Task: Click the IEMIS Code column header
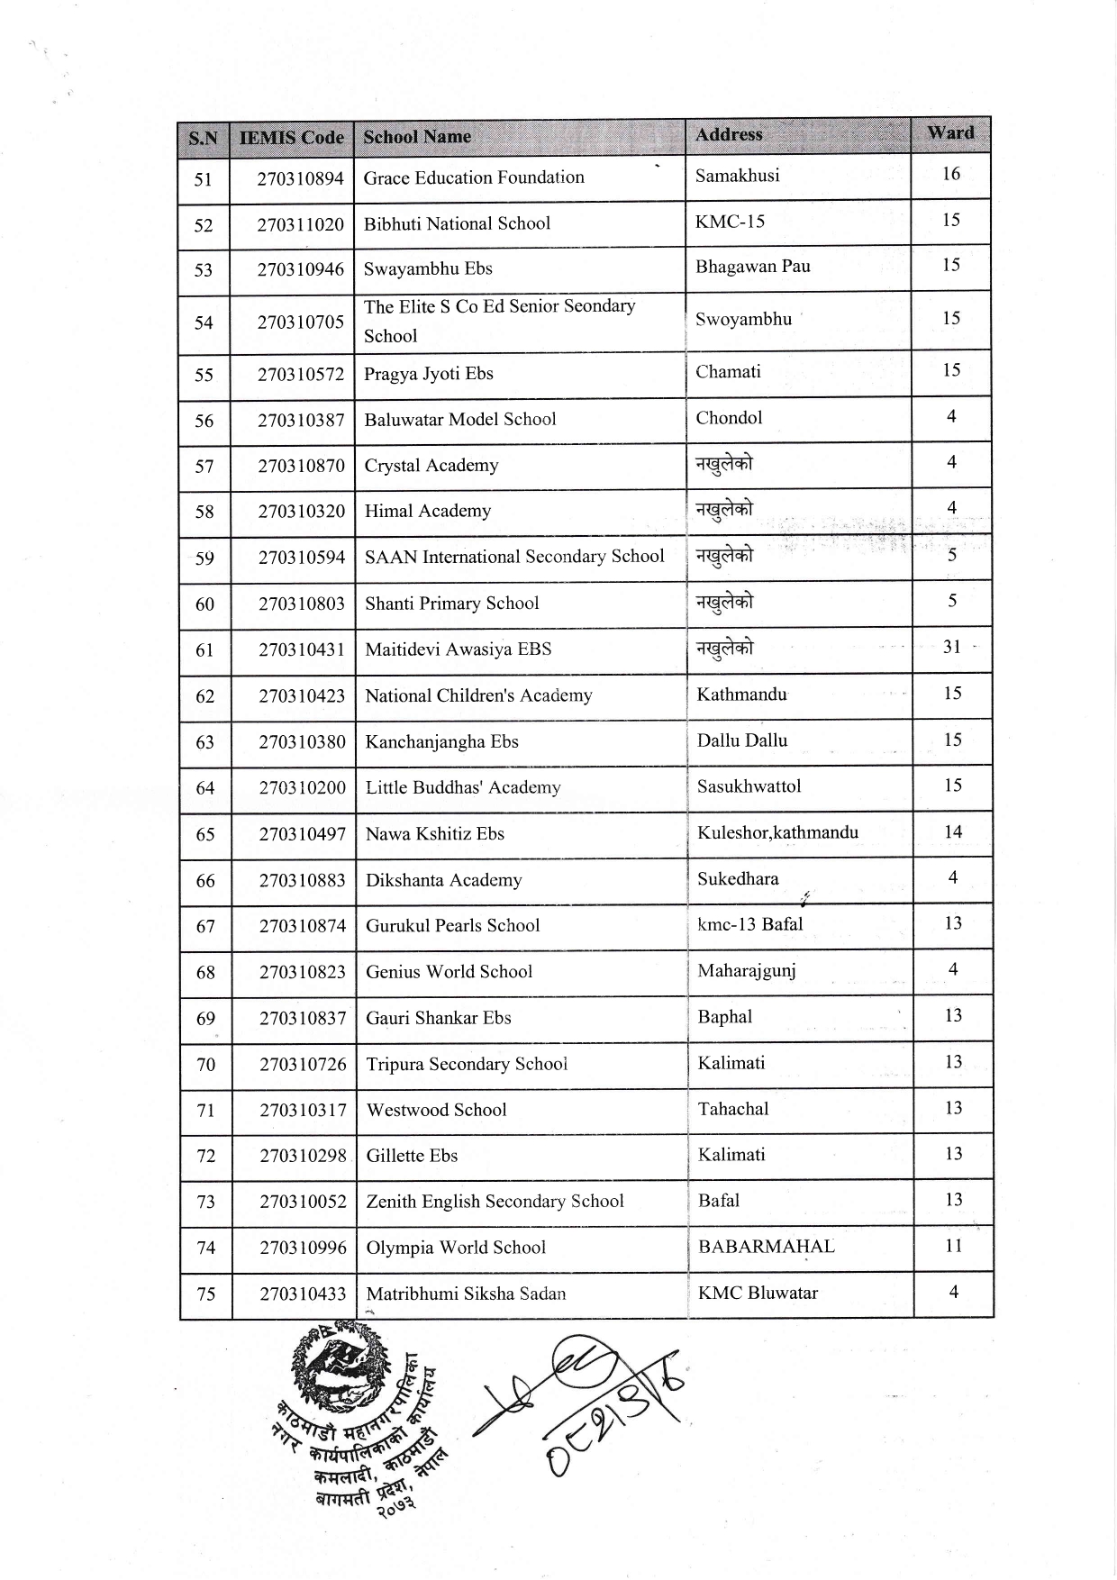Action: (x=291, y=138)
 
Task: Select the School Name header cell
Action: (x=417, y=137)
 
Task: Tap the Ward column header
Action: (x=950, y=133)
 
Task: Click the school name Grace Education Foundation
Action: (x=474, y=177)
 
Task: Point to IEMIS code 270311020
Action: (x=300, y=224)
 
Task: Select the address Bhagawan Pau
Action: (x=752, y=267)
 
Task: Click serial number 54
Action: (x=204, y=322)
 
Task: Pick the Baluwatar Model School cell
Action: (x=460, y=419)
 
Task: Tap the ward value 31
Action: (x=952, y=647)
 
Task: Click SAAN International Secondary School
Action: (x=514, y=557)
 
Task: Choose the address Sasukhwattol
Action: (x=749, y=786)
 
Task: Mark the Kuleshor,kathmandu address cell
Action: (x=777, y=832)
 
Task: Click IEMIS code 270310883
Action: (x=302, y=880)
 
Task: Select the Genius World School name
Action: (x=449, y=972)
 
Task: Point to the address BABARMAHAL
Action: (x=766, y=1247)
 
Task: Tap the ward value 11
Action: (x=954, y=1246)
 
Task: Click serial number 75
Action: (x=206, y=1294)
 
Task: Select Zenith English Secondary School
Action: (x=495, y=1202)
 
